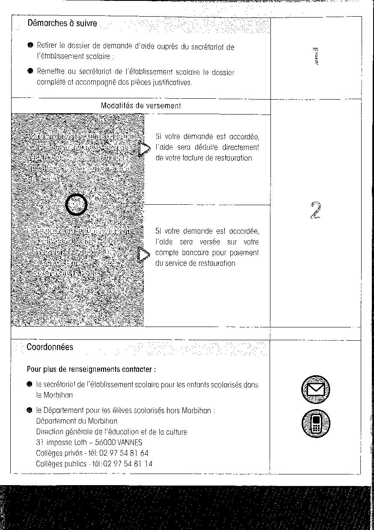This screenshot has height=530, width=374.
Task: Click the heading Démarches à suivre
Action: coord(62,24)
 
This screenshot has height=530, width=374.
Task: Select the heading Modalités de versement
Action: coord(141,106)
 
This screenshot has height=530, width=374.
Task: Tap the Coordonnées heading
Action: coord(50,347)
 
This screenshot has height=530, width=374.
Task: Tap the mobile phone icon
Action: coord(315,423)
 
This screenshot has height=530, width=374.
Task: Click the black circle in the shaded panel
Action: coord(77,205)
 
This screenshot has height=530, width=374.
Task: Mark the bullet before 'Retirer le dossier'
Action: coord(30,45)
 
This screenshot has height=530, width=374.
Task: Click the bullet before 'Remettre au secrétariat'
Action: coord(30,71)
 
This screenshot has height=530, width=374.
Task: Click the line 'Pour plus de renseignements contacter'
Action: coord(91,369)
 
